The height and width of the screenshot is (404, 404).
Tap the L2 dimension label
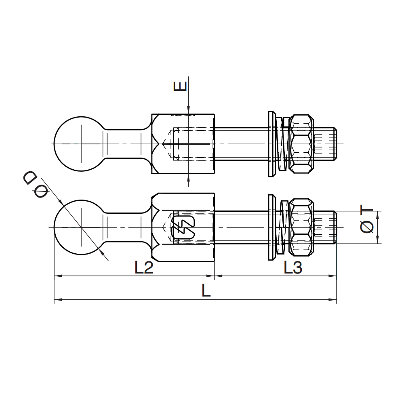[144, 267]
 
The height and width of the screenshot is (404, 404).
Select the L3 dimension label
[292, 267]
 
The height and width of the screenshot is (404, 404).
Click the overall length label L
[206, 290]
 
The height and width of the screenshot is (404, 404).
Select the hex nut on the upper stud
[301, 144]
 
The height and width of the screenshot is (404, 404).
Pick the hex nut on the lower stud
[301, 227]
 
